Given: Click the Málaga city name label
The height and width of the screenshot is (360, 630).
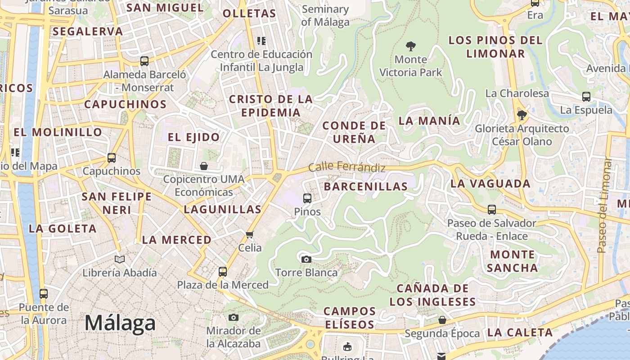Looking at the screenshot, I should pyautogui.click(x=120, y=323).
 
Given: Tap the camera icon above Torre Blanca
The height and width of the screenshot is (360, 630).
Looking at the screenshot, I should pyautogui.click(x=306, y=259).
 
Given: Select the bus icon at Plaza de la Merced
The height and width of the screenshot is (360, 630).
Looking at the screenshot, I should pyautogui.click(x=223, y=272).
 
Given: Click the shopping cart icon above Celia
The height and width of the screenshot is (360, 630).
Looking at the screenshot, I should pyautogui.click(x=250, y=234).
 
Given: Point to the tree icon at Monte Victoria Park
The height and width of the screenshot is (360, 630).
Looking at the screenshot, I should pyautogui.click(x=410, y=46).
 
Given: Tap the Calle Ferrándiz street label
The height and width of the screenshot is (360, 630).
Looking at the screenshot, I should pyautogui.click(x=347, y=167).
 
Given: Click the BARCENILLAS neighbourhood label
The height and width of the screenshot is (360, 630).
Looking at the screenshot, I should pyautogui.click(x=365, y=186).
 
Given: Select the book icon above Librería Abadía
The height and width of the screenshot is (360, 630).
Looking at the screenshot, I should pyautogui.click(x=119, y=259).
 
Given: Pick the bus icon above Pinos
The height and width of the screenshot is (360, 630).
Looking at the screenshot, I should pyautogui.click(x=307, y=198).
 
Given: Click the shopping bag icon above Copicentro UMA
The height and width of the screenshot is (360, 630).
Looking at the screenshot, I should pyautogui.click(x=204, y=166).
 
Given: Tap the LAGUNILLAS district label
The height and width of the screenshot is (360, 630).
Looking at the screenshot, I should pyautogui.click(x=222, y=209).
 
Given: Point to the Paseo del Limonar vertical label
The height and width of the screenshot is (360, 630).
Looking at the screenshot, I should pyautogui.click(x=603, y=205).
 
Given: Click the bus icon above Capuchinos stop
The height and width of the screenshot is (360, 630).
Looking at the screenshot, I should pyautogui.click(x=112, y=158).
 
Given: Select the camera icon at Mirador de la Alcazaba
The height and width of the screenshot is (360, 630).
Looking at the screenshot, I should pyautogui.click(x=233, y=317).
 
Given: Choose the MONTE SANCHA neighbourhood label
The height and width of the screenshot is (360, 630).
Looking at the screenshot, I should pyautogui.click(x=512, y=261).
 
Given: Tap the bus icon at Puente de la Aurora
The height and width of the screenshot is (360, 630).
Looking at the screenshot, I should pyautogui.click(x=44, y=294).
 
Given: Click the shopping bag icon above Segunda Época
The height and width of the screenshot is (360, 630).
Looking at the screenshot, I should pyautogui.click(x=442, y=320).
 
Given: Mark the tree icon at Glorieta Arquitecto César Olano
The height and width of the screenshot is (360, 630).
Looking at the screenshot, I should pyautogui.click(x=522, y=116).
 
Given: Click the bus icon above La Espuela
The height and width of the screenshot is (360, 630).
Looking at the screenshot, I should pyautogui.click(x=586, y=96).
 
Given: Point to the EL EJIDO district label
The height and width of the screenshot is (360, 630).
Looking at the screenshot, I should pyautogui.click(x=194, y=137).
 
